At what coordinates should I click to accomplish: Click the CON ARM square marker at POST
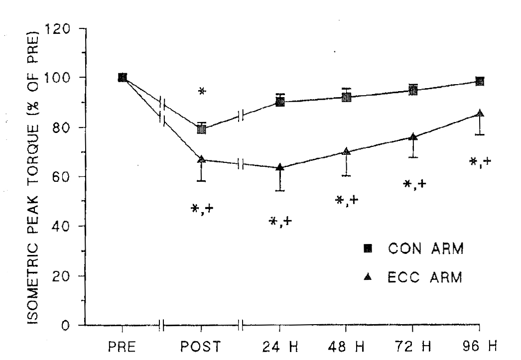202,129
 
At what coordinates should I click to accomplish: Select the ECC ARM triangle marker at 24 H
280,167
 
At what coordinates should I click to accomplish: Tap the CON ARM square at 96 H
480,82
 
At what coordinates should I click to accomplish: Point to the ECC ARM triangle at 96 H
480,114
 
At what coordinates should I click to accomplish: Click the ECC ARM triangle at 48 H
347,151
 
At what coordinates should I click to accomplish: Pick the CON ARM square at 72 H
413,90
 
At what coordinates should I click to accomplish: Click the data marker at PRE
122,78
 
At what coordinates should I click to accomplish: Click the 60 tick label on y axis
69,177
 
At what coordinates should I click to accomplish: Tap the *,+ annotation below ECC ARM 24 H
280,222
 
